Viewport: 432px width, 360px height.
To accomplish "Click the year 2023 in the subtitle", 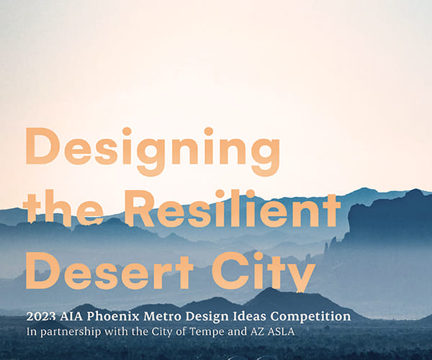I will pos(40,316).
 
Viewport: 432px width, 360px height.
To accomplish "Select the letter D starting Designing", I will pos(41,150).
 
